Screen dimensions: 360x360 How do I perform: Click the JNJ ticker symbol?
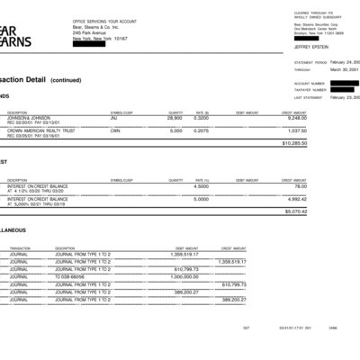[114, 118]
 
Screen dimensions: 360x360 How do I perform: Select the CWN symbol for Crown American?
[115, 130]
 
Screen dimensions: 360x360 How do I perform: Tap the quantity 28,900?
[175, 118]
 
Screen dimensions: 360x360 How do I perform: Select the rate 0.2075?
[202, 130]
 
